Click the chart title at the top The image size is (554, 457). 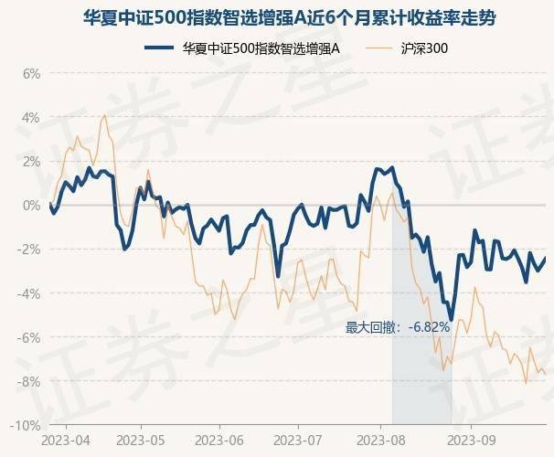[276, 17]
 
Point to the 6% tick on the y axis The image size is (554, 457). [31, 73]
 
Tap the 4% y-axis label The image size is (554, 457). [31, 117]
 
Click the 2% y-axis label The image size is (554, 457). [31, 161]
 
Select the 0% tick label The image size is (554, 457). [31, 205]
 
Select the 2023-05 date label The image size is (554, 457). [141, 441]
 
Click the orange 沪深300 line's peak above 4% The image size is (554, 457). [104, 115]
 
